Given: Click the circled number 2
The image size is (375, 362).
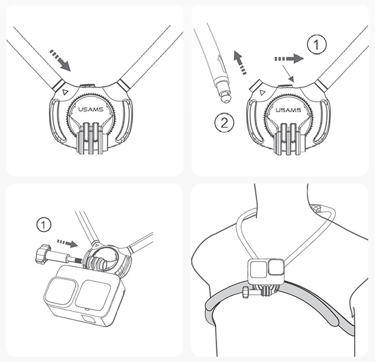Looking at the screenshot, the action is coord(224,123).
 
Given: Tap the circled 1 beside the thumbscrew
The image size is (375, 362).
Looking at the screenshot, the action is coord(44,225).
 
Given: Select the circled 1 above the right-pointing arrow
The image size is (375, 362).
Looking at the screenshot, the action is coord(317,44).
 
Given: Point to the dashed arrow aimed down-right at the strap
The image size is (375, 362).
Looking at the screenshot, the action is coord(60,61).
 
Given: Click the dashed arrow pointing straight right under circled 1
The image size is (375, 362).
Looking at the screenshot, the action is coord(289,59).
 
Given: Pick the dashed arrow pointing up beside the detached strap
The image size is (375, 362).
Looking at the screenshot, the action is coord(240,62).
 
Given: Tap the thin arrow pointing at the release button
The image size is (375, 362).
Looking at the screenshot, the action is coord(288,73).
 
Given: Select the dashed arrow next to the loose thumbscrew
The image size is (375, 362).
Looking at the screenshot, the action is coord(67,243).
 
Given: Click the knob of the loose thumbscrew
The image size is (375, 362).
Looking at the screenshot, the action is coord(43,254).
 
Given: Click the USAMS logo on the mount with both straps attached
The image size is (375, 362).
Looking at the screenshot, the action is coord(91,110).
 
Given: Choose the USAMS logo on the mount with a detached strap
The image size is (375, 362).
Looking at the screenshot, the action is coord(288,110).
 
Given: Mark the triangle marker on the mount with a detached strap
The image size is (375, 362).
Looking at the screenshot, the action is coord(262,92).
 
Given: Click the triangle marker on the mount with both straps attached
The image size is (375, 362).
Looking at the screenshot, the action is coord(65,92).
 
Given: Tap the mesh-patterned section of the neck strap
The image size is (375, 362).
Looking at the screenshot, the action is coord(321,208).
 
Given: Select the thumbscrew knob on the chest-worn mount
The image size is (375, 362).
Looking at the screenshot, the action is coord(246,292).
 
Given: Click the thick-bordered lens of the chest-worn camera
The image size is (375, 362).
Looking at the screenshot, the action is coord(276,267).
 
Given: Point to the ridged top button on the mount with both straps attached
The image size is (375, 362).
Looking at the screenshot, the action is coord(87,86).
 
